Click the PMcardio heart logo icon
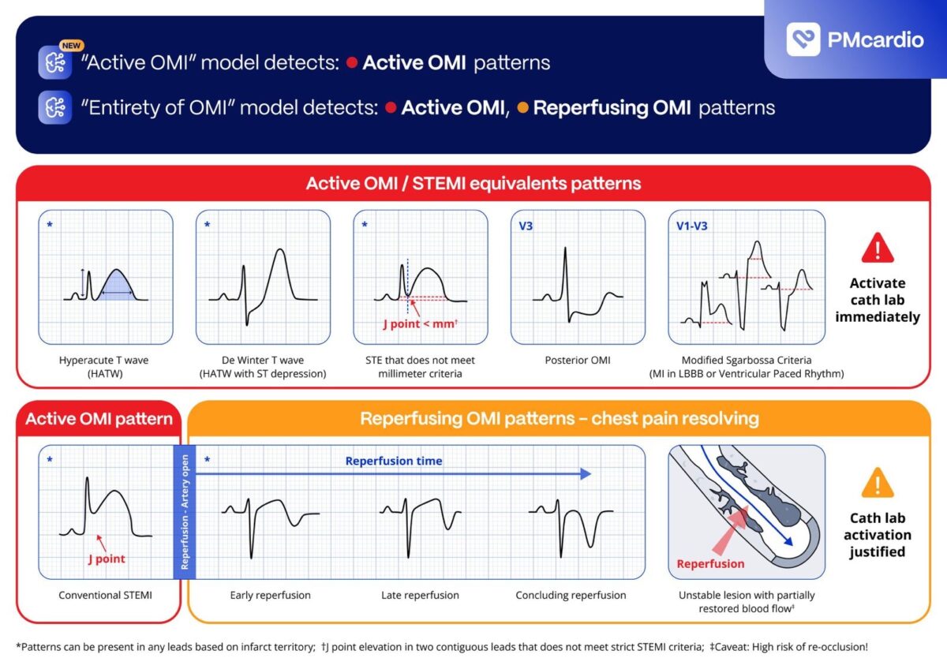[x=803, y=39]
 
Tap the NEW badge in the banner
[x=71, y=45]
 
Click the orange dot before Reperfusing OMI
[x=523, y=108]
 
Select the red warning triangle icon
[x=878, y=248]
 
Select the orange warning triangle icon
[x=878, y=483]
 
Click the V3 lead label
[x=526, y=226]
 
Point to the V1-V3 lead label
[x=691, y=226]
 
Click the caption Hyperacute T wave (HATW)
[x=104, y=367]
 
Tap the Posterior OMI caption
[x=578, y=360]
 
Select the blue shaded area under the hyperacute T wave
[x=117, y=286]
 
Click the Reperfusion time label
[x=394, y=461]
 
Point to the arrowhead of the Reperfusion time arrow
[x=586, y=474]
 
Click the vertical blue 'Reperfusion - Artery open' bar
[x=185, y=512]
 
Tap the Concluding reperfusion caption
[x=571, y=595]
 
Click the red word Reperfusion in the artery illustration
[x=710, y=564]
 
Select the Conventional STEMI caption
[x=105, y=595]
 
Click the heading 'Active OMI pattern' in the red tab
[x=99, y=419]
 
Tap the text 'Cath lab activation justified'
[x=878, y=535]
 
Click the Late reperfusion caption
[x=420, y=595]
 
